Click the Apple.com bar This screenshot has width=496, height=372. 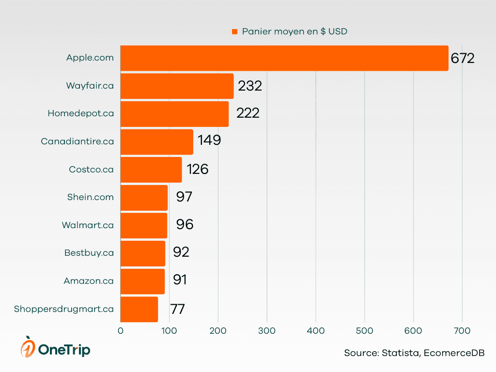coord(284,58)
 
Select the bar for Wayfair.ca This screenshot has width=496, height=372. coord(177,86)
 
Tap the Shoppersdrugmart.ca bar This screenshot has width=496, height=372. coord(139,309)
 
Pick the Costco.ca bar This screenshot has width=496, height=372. coord(151,170)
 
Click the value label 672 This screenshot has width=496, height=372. coord(462,59)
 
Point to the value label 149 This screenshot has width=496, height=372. coord(209,140)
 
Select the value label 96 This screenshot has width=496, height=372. coord(185,225)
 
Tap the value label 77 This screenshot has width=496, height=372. coord(177,309)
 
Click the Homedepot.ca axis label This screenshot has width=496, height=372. coord(81,113)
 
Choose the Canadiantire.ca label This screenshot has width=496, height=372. coord(77,141)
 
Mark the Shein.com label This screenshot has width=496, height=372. coord(91,197)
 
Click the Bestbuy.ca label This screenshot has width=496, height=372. coord(89,253)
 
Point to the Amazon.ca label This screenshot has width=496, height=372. coord(89,281)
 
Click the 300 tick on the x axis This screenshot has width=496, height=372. coord(267,331)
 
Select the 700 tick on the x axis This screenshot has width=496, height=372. coord(462,331)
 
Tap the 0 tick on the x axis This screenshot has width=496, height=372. coord(121,331)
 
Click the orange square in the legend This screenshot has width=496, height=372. coord(234,32)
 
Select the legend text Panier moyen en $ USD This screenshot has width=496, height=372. coord(294,31)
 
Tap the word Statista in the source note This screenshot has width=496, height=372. coord(401,353)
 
